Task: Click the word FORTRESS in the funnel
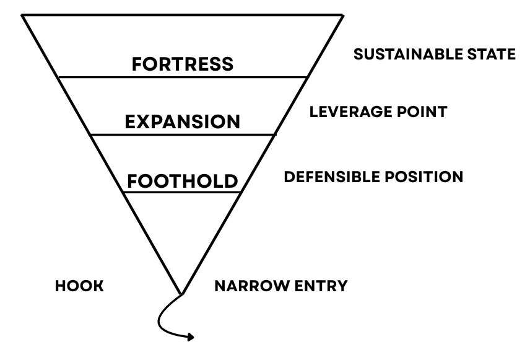point(183,64)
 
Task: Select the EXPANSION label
point(183,121)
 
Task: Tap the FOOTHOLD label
point(183,181)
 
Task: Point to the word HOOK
point(79,286)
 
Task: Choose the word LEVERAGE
point(351,112)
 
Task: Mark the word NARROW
point(248,286)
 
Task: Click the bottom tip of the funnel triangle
point(182,293)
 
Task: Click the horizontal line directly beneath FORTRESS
point(183,77)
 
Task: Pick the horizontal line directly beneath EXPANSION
point(183,134)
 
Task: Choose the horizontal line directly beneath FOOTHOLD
point(183,193)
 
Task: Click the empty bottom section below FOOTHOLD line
point(182,229)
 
